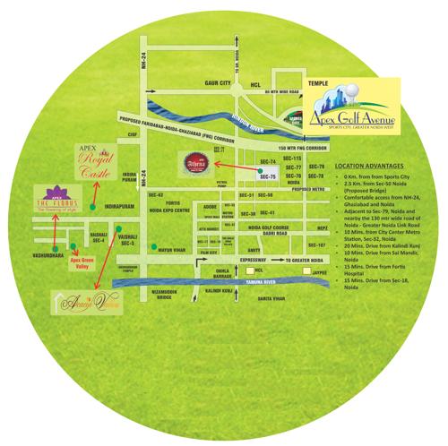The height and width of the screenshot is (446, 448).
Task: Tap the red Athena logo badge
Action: pyautogui.click(x=196, y=166)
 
